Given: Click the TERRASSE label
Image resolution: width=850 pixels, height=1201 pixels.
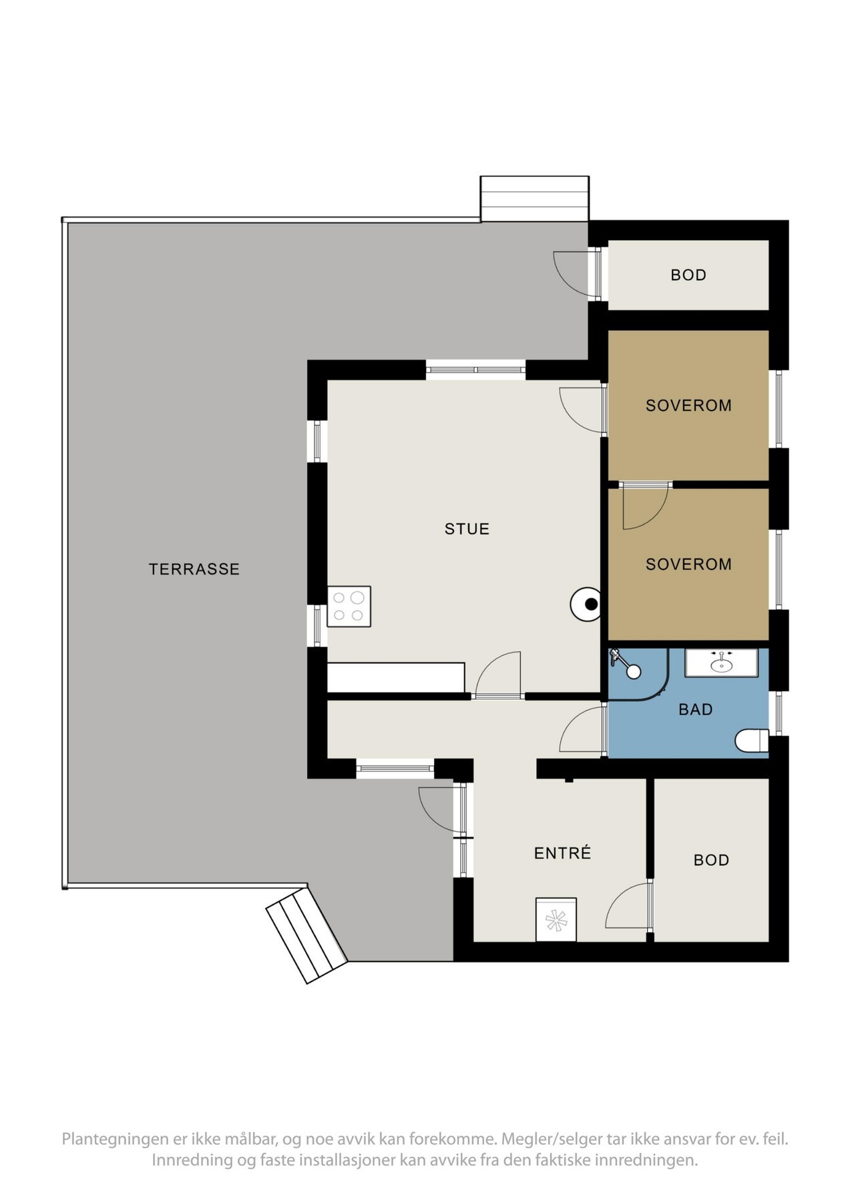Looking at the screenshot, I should [194, 569].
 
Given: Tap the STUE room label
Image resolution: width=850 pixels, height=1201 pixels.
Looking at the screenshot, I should [467, 529].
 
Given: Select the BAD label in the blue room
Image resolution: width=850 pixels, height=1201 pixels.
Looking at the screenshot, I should [695, 710].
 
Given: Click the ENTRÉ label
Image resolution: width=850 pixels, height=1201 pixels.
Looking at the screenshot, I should [562, 853].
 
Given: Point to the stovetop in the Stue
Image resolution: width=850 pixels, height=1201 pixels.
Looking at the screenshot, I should [349, 607].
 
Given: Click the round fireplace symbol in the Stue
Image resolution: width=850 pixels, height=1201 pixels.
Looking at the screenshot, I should [587, 605].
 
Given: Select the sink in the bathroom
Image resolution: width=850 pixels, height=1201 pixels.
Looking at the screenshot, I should [721, 664].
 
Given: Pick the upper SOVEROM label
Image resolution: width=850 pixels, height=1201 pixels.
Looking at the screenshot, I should [688, 406].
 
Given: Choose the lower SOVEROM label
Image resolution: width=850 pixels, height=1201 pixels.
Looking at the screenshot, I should [688, 564].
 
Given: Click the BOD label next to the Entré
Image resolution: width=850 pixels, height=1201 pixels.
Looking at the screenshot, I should [711, 861].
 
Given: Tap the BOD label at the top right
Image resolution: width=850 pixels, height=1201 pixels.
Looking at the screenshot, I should [688, 275].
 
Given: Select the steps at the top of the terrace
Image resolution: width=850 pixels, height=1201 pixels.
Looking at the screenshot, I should [534, 198].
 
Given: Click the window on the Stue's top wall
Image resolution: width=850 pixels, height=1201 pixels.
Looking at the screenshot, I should [476, 369].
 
